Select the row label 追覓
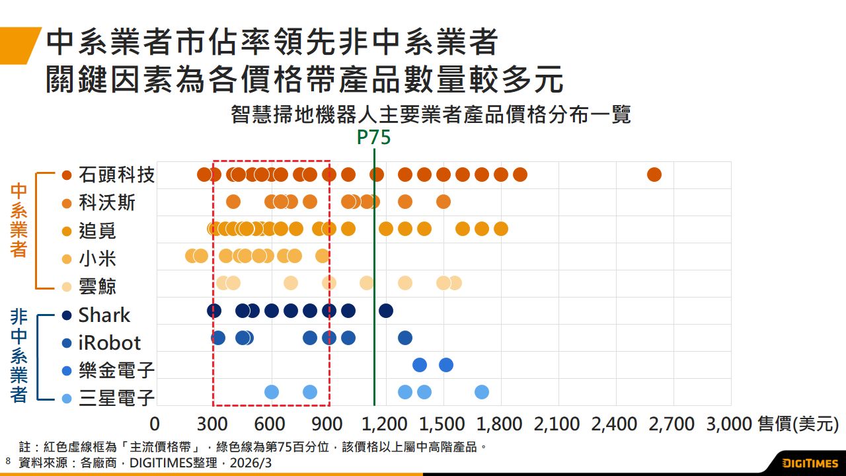[97, 230]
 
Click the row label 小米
[97, 258]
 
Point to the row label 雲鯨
[97, 286]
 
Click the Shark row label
[104, 315]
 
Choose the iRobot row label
[109, 342]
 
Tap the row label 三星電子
[116, 397]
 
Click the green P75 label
[373, 138]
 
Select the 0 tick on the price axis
[155, 424]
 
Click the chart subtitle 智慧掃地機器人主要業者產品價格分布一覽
[431, 114]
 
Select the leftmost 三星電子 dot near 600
[272, 392]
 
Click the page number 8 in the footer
[8, 460]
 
